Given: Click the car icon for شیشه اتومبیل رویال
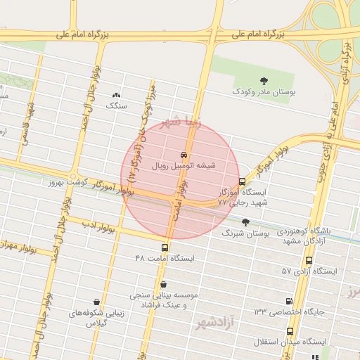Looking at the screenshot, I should (x=184, y=155).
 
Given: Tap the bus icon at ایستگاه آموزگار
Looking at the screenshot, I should (x=243, y=181).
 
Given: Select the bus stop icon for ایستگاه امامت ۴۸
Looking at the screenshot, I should (x=165, y=247).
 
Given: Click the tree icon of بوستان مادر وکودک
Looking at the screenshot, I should (x=264, y=81).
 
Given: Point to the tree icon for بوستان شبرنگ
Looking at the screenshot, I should (x=245, y=222).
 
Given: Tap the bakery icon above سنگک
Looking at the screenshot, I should (x=117, y=95).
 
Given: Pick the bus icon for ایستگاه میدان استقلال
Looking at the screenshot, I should (x=290, y=331).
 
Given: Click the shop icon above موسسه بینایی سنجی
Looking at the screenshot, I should (x=164, y=285).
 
